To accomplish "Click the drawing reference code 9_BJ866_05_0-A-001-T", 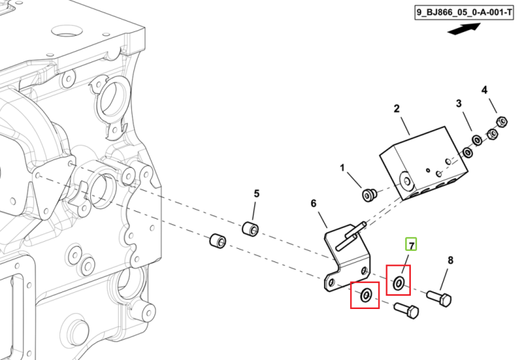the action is point(464,13).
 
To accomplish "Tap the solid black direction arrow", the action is point(464,29).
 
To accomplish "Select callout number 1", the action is point(342,168).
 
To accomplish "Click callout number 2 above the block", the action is point(396,108).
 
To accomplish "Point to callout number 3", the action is point(459,103).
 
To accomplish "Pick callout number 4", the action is point(484,90).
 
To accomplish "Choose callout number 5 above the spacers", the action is point(256,194).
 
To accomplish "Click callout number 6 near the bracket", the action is point(313,203).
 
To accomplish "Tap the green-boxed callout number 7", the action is point(412,245).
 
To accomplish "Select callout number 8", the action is point(450,260).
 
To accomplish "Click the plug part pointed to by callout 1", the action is point(370,194).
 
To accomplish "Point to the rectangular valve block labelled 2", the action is point(424,163).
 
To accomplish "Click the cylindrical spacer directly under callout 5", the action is point(250,229).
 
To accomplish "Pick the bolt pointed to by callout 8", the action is point(439,298).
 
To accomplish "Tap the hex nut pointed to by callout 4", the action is point(502,122).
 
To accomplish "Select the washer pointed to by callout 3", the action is point(477,140).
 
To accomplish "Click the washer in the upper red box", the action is point(398,284).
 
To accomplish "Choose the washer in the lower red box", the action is point(366,295).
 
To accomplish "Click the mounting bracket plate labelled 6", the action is point(347,259).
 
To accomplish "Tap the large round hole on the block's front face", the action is point(407,181).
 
